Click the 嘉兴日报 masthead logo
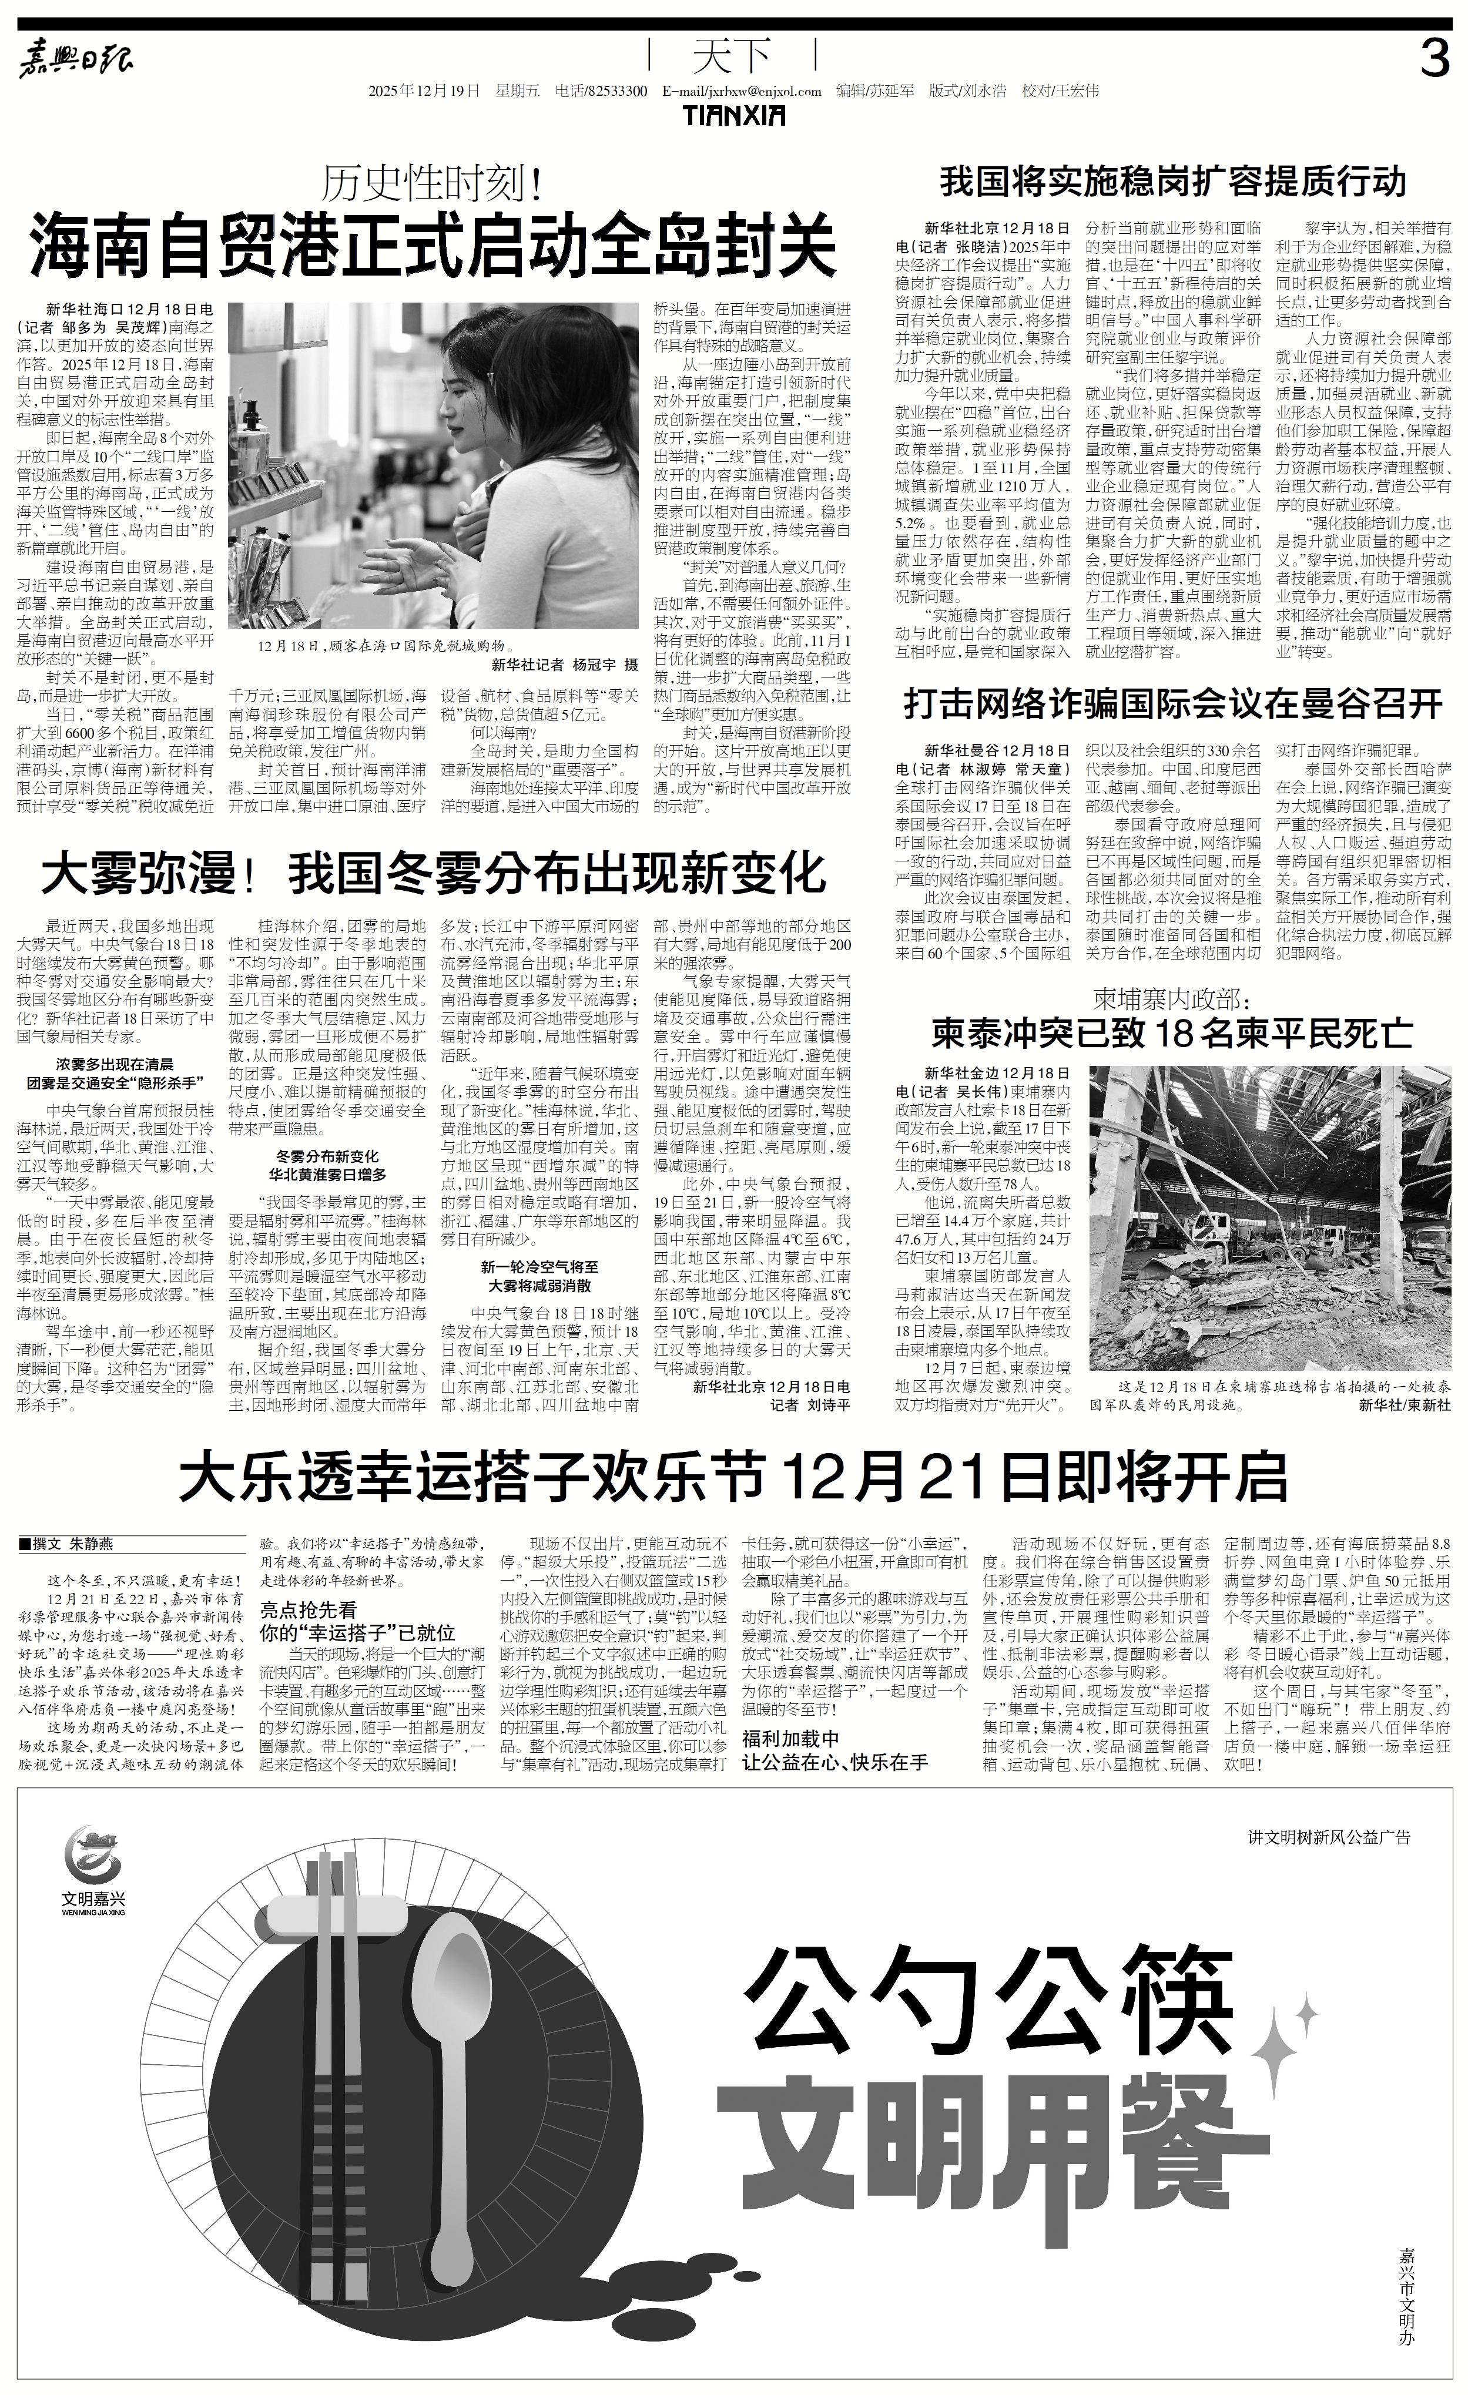point(78,61)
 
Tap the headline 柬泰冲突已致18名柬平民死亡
point(1174,1033)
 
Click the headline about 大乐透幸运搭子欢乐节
point(733,1477)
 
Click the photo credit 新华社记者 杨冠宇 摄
point(564,665)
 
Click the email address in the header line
point(741,91)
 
